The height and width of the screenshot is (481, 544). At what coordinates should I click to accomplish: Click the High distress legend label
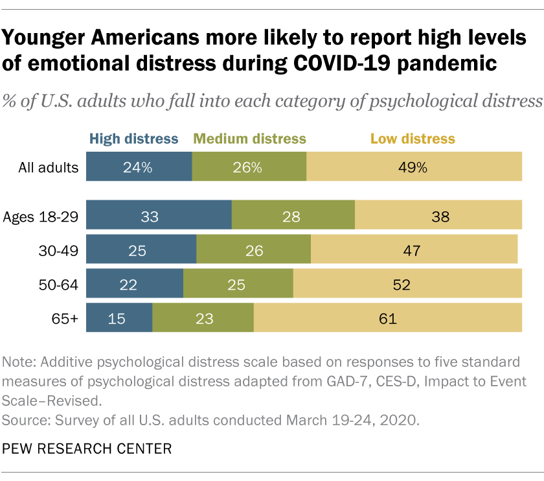(x=133, y=139)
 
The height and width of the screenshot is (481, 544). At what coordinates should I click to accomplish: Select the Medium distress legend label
(x=249, y=139)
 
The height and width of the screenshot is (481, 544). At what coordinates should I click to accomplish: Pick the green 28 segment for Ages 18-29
(x=293, y=217)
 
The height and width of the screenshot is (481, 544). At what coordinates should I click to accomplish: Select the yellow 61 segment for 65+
(x=387, y=318)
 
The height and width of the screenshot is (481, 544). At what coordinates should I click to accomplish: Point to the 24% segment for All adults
(x=139, y=167)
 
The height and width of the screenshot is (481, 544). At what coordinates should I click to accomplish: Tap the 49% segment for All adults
(x=413, y=167)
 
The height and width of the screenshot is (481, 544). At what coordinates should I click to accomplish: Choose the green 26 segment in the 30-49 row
(x=253, y=250)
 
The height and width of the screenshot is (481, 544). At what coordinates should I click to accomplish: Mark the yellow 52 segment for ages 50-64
(x=407, y=285)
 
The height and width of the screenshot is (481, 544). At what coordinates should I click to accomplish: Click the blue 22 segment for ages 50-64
(x=135, y=285)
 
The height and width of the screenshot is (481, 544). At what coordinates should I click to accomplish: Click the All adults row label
(x=49, y=168)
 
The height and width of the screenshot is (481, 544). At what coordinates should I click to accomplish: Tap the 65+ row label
(x=67, y=319)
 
